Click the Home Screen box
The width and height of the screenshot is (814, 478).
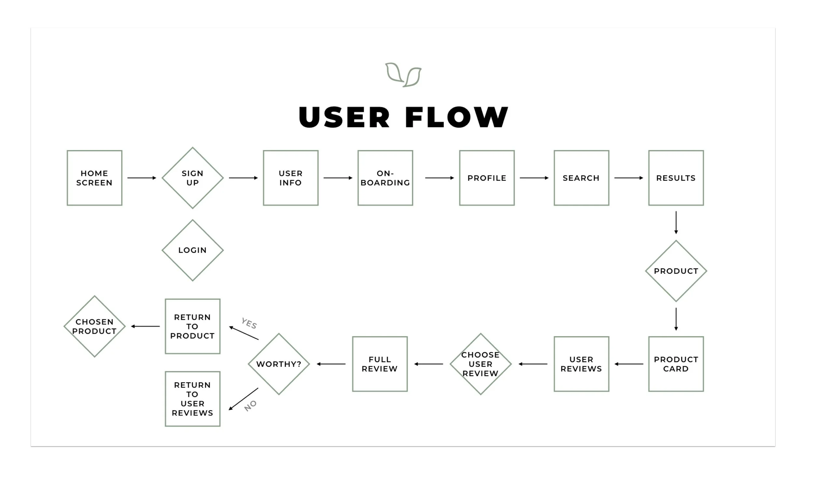tap(94, 178)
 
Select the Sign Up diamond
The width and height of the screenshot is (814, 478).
tap(192, 178)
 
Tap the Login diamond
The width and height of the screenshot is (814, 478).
tap(192, 250)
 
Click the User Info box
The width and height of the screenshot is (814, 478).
tap(290, 178)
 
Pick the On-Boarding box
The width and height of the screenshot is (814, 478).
tap(385, 178)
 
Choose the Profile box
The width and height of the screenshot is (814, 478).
tap(487, 178)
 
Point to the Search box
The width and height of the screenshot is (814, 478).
tap(581, 178)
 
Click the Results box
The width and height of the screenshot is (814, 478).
tap(676, 178)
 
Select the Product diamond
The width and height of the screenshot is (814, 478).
tap(676, 271)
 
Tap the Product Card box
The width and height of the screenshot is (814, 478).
tap(676, 364)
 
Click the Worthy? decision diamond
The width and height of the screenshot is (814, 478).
tap(279, 364)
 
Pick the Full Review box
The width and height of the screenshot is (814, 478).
tap(380, 364)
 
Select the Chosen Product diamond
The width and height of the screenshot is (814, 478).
tap(94, 326)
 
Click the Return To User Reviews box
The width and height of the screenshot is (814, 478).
tap(192, 399)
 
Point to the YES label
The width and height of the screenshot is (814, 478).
tap(249, 323)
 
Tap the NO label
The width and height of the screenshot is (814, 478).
tap(250, 406)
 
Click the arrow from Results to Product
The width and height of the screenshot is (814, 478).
tap(676, 222)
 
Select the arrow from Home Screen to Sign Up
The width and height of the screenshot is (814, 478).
tap(142, 178)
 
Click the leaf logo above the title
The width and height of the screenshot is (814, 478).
tap(403, 75)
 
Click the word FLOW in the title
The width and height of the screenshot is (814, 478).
tap(456, 117)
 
